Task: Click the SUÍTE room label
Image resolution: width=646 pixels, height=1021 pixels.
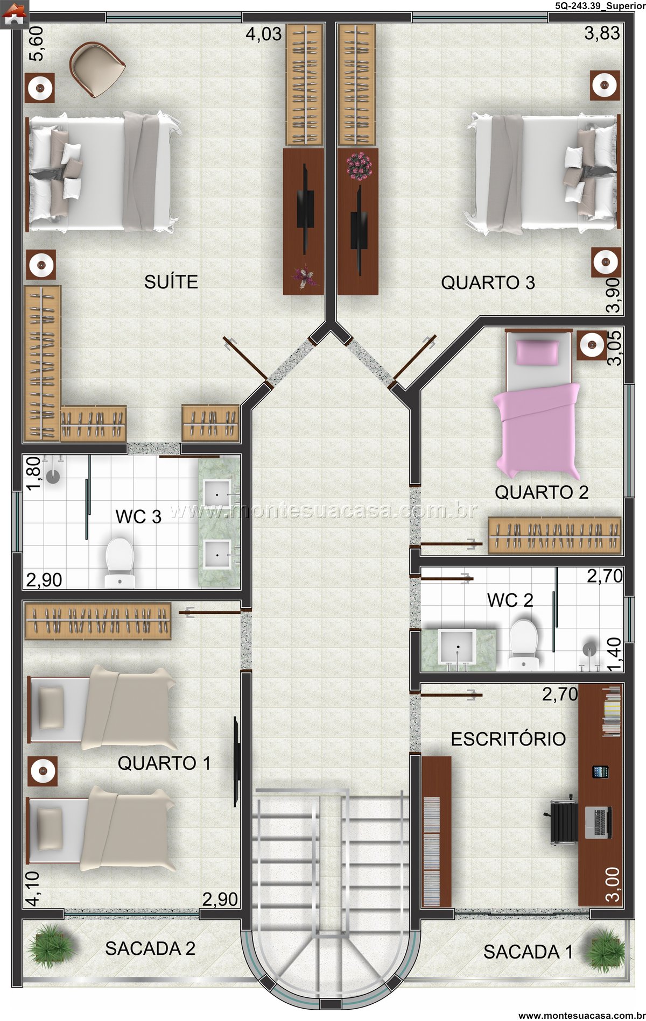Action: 171,281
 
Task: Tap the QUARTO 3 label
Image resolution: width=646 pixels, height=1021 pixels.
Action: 488,282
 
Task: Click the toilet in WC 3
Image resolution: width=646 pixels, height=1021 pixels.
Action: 120,562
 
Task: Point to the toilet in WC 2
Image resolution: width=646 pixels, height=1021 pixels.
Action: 524,644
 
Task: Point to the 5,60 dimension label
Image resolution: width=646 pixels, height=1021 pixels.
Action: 38,45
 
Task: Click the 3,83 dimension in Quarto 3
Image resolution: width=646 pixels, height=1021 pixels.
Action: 602,33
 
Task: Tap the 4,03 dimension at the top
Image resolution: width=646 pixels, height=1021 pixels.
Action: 264,34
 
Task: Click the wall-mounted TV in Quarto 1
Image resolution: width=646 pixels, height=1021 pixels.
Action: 236,761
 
